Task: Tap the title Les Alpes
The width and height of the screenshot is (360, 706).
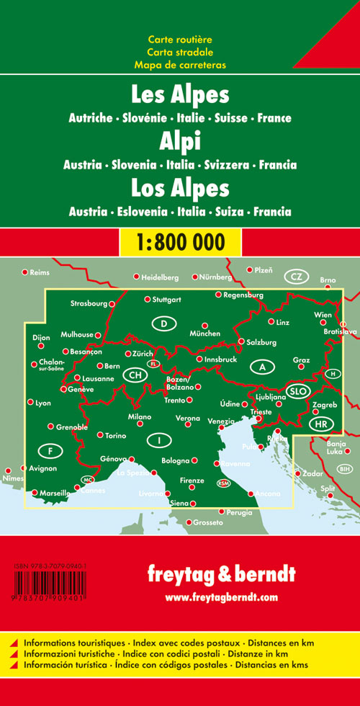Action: click(180, 96)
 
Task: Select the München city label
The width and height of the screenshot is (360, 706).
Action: click(204, 334)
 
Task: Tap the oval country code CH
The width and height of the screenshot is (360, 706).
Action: click(134, 375)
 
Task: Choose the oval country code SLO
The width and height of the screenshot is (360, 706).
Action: click(297, 391)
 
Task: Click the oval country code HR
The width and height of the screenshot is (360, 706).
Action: click(321, 424)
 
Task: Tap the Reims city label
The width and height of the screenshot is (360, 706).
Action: click(38, 272)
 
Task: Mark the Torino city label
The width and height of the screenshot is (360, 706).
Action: click(115, 436)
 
